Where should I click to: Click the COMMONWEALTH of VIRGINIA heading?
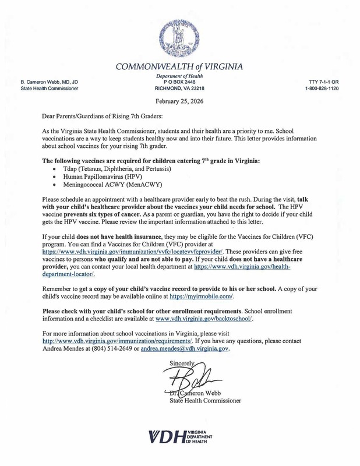179,66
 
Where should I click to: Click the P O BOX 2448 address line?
179,82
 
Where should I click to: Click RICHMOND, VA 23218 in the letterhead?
179,89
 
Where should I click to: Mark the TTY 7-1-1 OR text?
322,82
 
